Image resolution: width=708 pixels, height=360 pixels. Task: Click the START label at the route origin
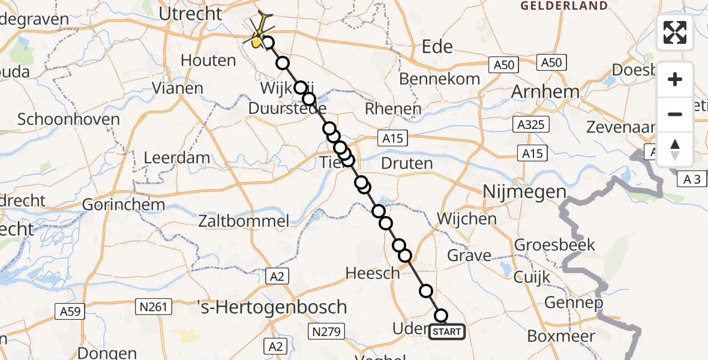[447, 332]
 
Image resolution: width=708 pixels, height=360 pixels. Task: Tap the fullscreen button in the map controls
[675, 32]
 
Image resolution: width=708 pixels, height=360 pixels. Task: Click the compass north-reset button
[675, 149]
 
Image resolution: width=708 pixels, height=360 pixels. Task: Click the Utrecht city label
[191, 13]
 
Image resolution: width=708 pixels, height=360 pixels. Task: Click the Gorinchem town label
[123, 204]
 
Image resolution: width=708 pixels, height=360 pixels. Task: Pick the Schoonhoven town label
[68, 119]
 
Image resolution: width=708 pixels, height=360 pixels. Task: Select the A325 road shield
[529, 125]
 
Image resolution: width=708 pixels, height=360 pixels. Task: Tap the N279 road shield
[325, 331]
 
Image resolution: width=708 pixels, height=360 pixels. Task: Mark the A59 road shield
[71, 311]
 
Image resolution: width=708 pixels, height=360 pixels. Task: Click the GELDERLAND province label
[564, 6]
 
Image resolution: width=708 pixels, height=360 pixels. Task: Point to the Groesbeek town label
[555, 245]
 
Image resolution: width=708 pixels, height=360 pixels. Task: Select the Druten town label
[407, 163]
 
